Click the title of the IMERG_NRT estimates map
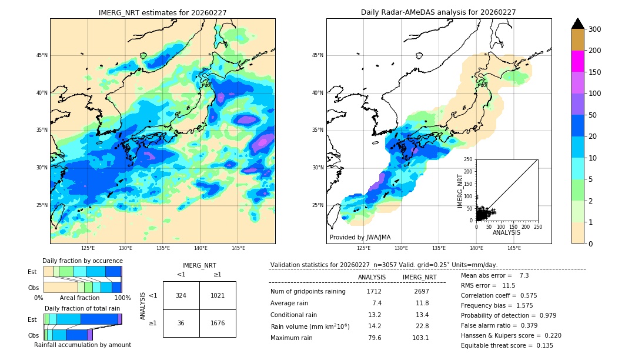tap(162, 12)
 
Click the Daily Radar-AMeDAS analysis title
tap(438, 12)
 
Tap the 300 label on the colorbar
tap(595, 29)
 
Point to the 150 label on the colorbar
tap(595, 72)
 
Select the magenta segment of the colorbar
tap(577, 61)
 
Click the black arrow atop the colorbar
tap(577, 24)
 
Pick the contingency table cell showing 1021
tap(218, 295)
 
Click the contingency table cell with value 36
tap(181, 323)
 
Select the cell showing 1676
tap(218, 323)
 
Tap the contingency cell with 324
tap(181, 295)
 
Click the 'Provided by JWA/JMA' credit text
tap(360, 237)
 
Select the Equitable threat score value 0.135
tap(540, 345)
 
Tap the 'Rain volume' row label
tap(310, 326)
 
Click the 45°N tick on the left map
tap(42, 55)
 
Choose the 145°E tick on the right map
tap(514, 248)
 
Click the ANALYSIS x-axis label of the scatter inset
tap(506, 232)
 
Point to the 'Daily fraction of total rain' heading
tap(82, 308)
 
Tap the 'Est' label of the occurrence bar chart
tap(32, 272)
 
